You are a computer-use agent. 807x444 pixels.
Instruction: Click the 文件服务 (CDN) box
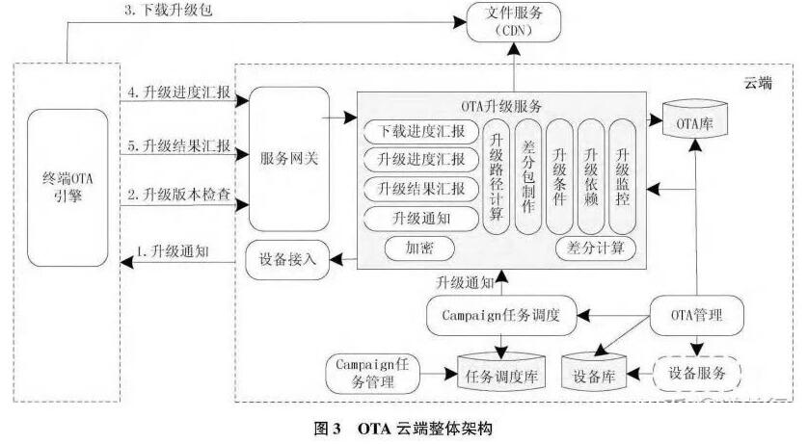tap(513, 20)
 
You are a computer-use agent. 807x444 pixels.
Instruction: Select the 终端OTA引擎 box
tap(68, 189)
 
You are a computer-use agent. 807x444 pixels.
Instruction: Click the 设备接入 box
tap(287, 259)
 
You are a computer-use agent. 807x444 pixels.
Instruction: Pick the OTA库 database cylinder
tap(693, 122)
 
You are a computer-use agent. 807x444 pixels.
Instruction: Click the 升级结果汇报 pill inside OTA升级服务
tap(421, 188)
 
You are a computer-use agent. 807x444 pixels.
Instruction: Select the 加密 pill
tap(421, 248)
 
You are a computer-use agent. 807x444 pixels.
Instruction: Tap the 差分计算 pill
tap(595, 248)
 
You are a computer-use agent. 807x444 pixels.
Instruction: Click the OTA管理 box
tap(694, 314)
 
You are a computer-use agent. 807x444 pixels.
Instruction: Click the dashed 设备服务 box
tap(694, 373)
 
